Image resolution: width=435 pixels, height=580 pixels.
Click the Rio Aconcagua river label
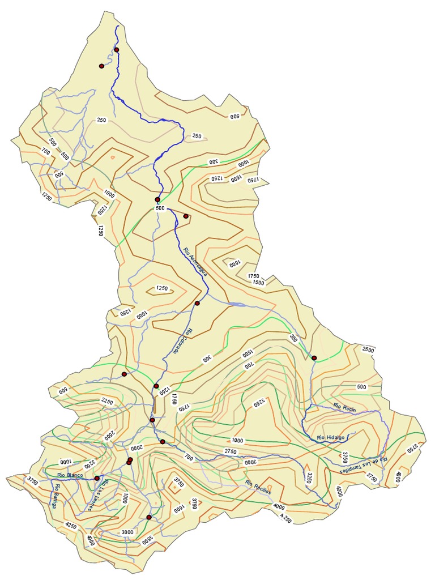click(x=195, y=260)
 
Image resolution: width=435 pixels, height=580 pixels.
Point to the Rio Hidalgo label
click(x=331, y=437)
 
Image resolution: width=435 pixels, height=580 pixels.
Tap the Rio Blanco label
click(x=70, y=475)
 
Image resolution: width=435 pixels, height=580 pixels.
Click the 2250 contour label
click(x=108, y=402)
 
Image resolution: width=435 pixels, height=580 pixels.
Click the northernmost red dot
click(x=117, y=50)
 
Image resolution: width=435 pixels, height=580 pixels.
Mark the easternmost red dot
click(x=314, y=358)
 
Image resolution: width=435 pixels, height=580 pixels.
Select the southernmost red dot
click(x=149, y=517)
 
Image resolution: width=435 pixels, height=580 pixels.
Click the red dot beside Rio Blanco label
click(x=97, y=479)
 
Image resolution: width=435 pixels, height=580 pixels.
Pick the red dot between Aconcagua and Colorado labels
click(x=197, y=304)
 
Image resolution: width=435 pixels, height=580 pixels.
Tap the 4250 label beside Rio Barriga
click(x=71, y=526)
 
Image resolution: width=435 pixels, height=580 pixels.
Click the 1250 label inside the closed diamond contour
click(x=162, y=289)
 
